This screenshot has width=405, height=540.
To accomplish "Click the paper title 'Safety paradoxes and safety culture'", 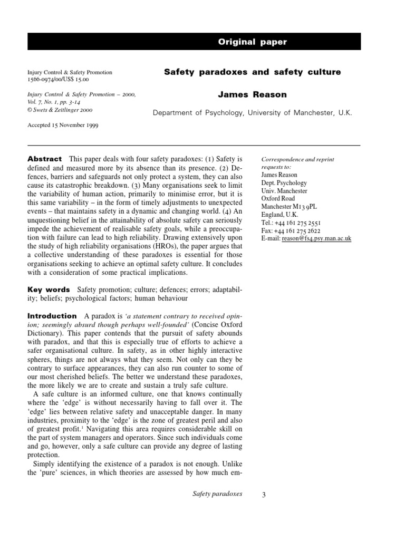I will tap(252, 72).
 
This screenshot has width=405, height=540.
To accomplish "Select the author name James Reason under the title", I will tap(252, 95).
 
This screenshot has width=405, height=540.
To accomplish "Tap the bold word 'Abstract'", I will tap(45, 159).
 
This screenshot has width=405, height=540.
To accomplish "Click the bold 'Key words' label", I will tap(49, 290).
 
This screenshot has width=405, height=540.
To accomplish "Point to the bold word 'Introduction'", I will tap(52, 316).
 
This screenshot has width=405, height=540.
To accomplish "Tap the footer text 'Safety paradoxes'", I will tap(217, 494).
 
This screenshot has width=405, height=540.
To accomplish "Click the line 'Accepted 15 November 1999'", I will tap(62, 126).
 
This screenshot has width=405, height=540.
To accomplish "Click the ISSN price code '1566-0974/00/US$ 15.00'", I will tap(58, 79).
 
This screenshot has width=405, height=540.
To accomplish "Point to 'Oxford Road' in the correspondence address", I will tap(278, 199).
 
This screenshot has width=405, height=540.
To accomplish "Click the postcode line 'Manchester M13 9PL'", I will tap(288, 207).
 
